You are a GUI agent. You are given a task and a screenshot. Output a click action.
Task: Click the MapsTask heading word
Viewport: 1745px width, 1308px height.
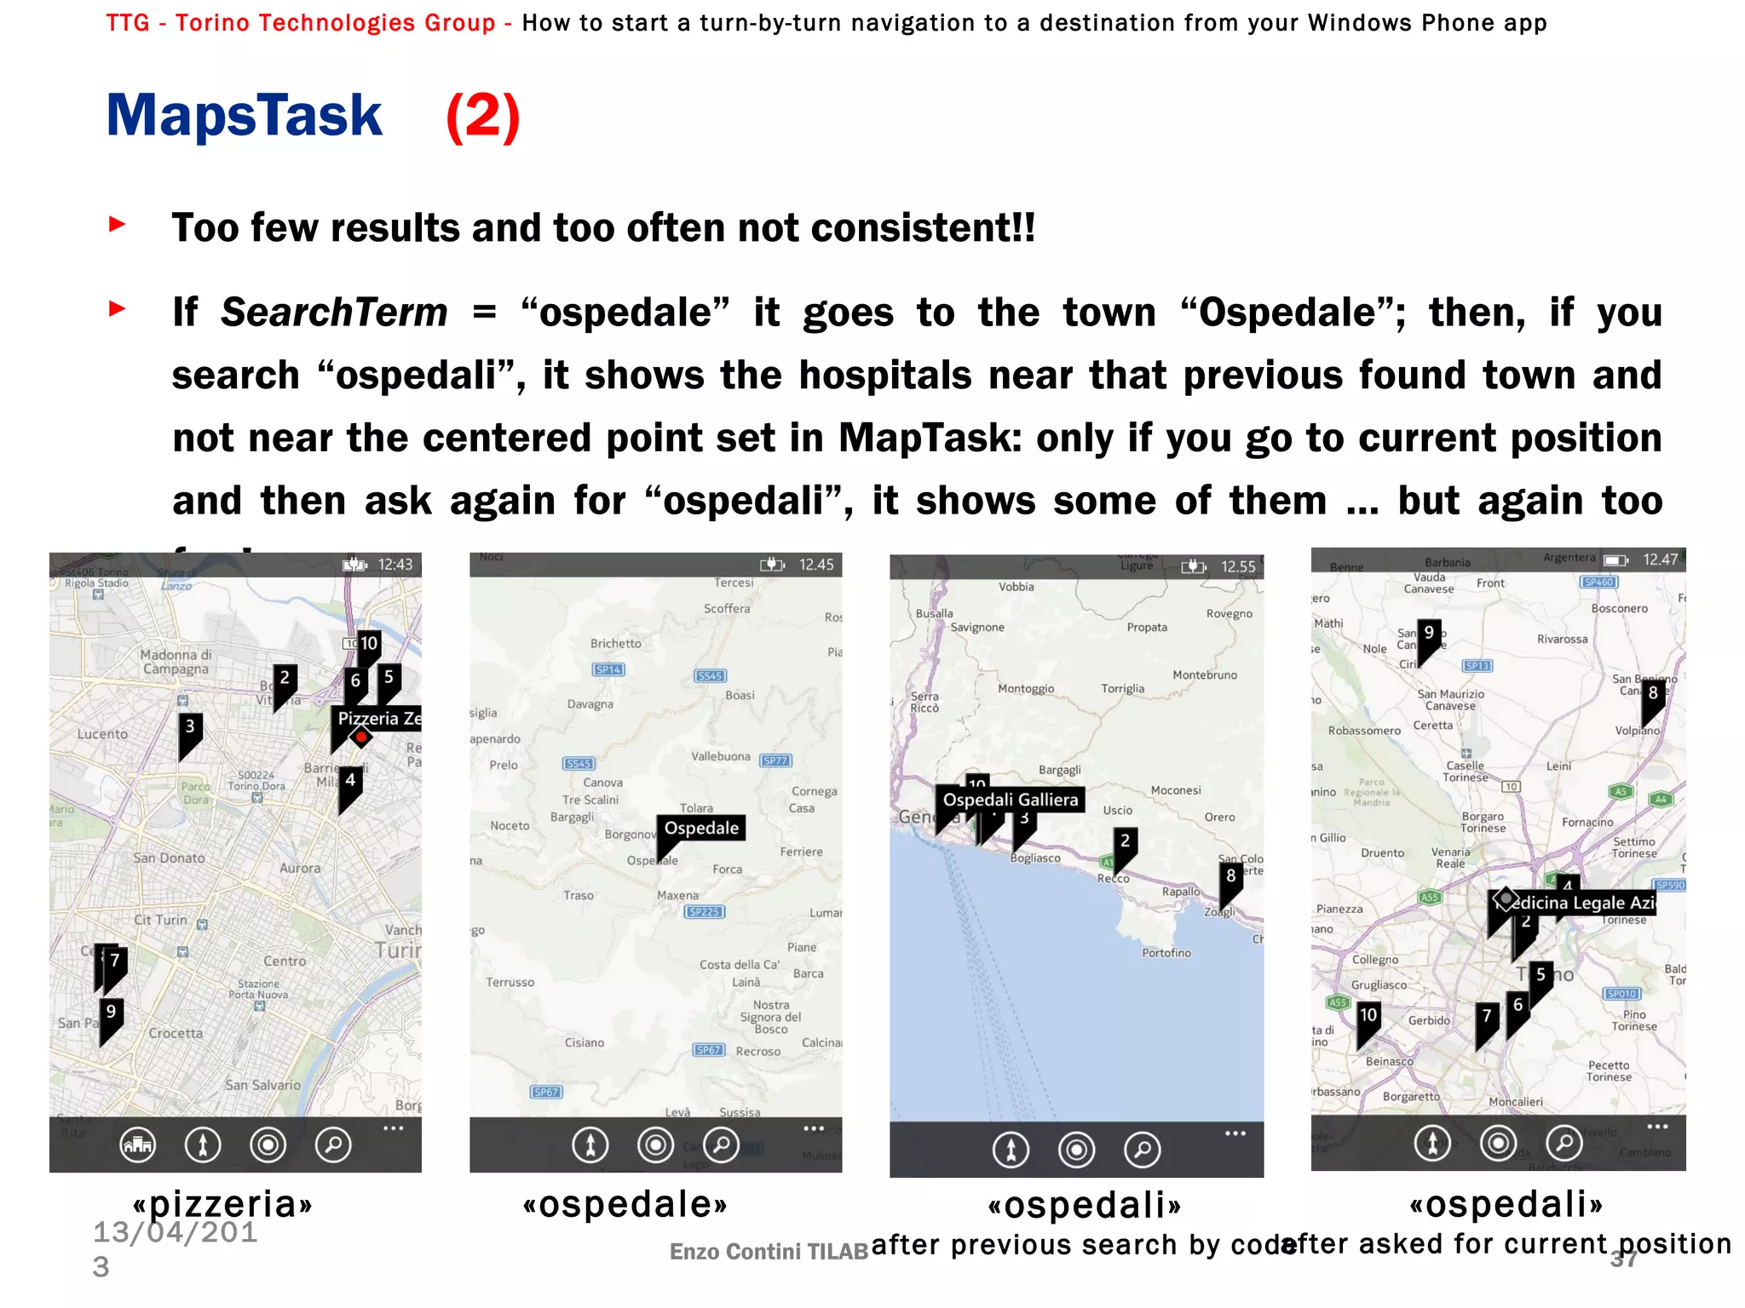[245, 116]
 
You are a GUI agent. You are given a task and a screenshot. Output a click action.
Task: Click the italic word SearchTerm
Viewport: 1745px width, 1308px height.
[334, 313]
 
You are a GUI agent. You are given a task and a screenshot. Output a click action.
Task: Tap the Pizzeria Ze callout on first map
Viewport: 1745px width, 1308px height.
[378, 718]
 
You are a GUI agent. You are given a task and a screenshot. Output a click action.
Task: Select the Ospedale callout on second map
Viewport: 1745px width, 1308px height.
[701, 828]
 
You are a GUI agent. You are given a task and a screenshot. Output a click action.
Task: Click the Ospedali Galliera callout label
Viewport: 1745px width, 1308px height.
[1010, 800]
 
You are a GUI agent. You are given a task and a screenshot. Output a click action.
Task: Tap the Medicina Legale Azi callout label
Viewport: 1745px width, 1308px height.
[1581, 903]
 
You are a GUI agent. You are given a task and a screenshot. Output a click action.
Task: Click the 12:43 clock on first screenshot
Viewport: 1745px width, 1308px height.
[394, 565]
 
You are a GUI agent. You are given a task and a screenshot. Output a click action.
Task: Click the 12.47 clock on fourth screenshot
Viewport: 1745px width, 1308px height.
[1660, 559]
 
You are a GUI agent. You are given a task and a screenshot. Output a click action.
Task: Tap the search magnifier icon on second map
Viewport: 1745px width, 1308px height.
[722, 1144]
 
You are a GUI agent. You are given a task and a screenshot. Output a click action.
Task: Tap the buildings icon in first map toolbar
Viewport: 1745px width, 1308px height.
[138, 1144]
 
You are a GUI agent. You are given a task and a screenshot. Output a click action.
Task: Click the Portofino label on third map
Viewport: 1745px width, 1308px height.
[1166, 953]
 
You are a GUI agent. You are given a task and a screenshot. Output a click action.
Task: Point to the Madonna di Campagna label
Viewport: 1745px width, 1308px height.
[176, 662]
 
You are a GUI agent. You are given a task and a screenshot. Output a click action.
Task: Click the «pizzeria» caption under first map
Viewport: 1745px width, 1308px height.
[222, 1203]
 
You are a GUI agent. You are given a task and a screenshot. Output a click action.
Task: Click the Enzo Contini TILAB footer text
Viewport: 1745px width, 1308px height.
[769, 1251]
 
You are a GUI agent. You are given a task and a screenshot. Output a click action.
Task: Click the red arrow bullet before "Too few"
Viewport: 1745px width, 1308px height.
[118, 225]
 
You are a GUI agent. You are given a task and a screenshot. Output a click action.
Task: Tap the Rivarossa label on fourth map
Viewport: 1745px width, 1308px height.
[1562, 640]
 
